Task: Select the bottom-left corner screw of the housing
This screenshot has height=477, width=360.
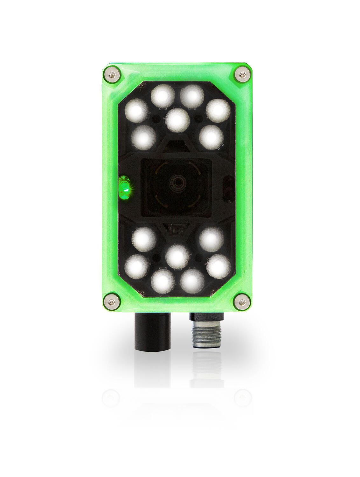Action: (x=112, y=300)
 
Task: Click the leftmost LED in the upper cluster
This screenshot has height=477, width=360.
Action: (x=137, y=110)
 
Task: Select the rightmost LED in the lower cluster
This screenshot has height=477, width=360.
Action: (x=218, y=266)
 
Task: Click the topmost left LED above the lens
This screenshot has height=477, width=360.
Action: (x=163, y=96)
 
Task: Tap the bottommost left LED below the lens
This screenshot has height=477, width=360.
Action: (x=163, y=281)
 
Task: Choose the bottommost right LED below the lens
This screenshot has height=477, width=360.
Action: (x=192, y=281)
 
